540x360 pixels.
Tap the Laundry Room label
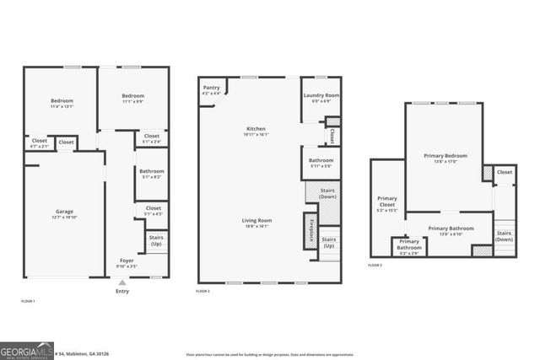[321, 97]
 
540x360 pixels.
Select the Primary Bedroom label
[445, 158]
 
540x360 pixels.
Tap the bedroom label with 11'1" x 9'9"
[132, 98]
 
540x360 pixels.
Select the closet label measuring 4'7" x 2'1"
[40, 143]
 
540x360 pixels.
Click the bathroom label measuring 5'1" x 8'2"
[152, 175]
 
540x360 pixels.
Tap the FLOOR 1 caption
[28, 301]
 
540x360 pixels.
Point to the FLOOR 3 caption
[375, 265]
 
